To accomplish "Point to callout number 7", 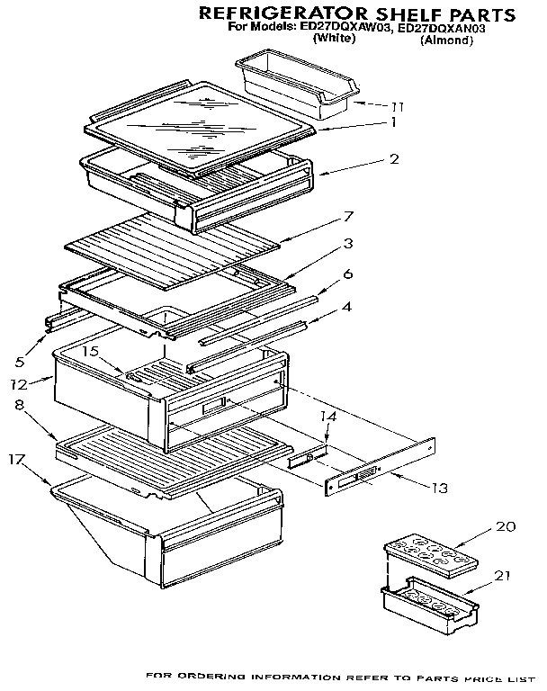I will [348, 216].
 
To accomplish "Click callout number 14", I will [328, 417].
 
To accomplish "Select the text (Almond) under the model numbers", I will [446, 40].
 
